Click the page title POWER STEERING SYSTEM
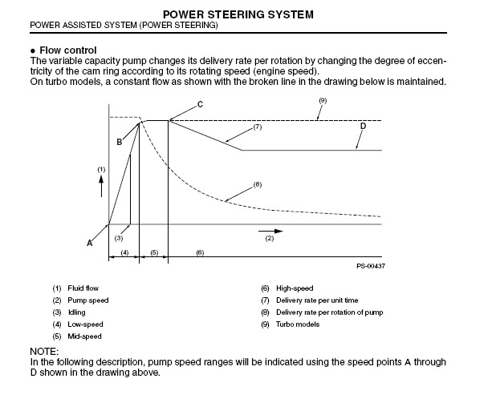[x=238, y=14]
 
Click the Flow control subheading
[x=68, y=50]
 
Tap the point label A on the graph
[x=90, y=243]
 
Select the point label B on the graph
[x=120, y=142]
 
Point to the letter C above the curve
[x=200, y=104]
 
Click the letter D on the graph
[x=363, y=126]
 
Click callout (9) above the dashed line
[x=323, y=100]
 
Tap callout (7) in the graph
[x=258, y=127]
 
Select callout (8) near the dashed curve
[x=258, y=184]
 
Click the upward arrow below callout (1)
[x=101, y=187]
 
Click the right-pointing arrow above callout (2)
[x=270, y=232]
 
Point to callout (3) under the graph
[x=119, y=238]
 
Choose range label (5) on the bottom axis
[x=154, y=252]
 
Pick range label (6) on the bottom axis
[x=200, y=252]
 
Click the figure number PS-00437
[x=371, y=266]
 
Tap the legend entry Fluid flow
[x=83, y=288]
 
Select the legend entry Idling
[x=77, y=312]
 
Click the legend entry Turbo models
[x=298, y=324]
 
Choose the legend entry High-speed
[x=295, y=288]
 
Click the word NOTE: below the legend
[x=44, y=352]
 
